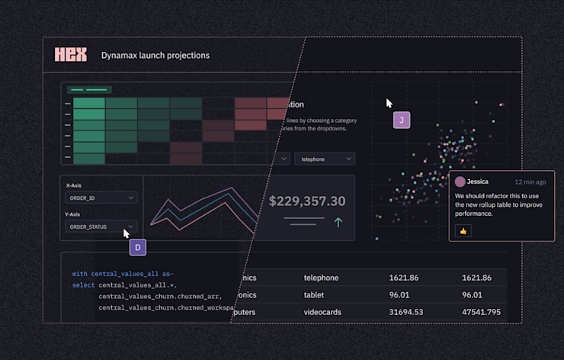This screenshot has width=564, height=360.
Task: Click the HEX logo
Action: point(71,55)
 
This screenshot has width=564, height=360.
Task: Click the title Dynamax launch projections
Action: point(155,56)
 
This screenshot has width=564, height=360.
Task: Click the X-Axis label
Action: point(75,185)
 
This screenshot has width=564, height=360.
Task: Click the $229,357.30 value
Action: point(307,201)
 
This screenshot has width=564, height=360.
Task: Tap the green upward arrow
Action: point(338,222)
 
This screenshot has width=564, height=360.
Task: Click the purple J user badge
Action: point(402,120)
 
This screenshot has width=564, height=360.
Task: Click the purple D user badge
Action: point(137,247)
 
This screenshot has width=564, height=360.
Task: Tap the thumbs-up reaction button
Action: point(463,230)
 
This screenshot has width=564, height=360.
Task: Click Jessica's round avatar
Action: point(460,182)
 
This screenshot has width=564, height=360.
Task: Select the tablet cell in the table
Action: point(316,295)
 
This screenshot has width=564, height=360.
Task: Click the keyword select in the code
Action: point(83,285)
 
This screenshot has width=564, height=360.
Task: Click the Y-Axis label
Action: point(75,214)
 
